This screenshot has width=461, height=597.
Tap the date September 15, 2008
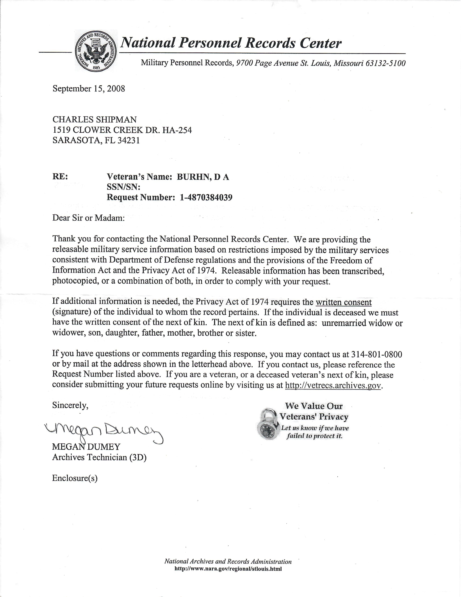click(89, 89)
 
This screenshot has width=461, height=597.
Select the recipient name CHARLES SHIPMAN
click(95, 119)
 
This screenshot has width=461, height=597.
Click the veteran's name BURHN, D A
click(203, 177)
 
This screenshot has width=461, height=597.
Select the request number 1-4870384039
click(206, 197)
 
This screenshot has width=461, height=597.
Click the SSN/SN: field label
click(123, 187)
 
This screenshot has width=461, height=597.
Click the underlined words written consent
click(343, 302)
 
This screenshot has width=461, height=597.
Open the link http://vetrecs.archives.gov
click(333, 385)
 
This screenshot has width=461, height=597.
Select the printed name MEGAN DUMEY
click(86, 447)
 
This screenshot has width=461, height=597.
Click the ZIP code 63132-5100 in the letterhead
click(385, 63)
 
